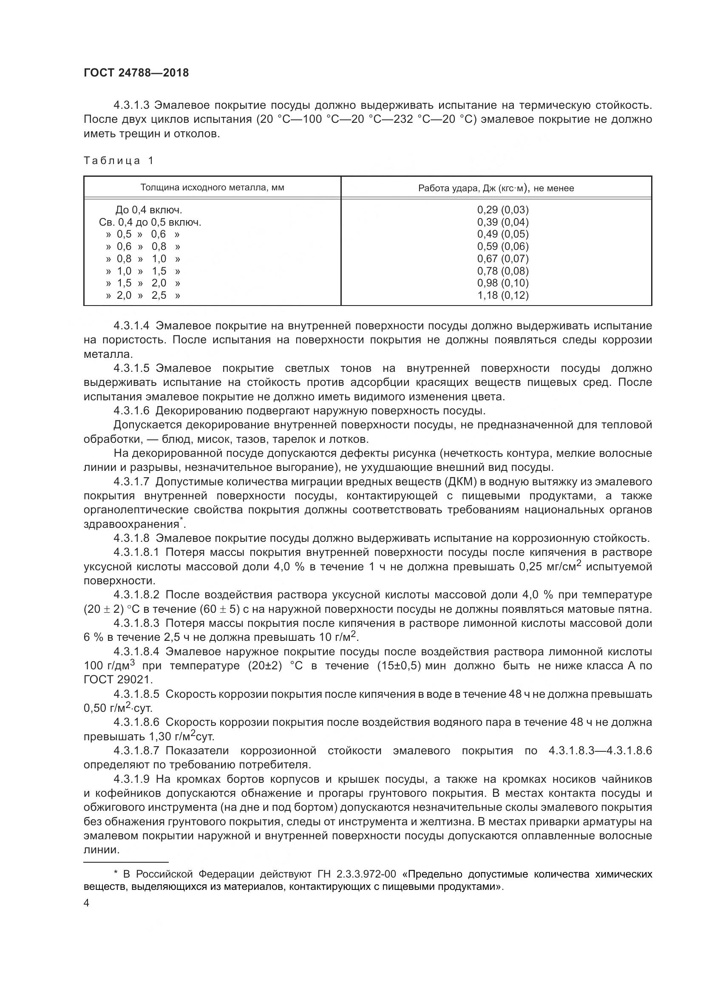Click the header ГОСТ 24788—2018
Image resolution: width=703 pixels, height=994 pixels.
coord(136,73)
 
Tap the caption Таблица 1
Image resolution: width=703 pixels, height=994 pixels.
coord(119,161)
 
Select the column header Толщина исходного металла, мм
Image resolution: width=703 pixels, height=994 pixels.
coord(212,187)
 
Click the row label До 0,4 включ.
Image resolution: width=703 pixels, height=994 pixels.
coord(148,210)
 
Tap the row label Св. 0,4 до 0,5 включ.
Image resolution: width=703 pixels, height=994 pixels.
coord(150,222)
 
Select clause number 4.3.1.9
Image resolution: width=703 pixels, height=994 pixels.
coord(132,779)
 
